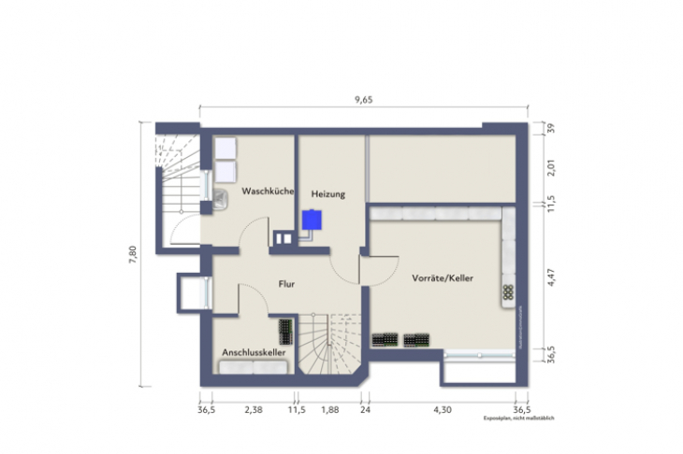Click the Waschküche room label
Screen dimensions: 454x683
point(269,192)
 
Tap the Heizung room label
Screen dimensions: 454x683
point(328,194)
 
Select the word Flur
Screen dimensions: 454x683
point(287,281)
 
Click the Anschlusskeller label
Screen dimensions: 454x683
point(253,352)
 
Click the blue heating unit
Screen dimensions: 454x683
point(312,220)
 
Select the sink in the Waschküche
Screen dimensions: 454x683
point(222,197)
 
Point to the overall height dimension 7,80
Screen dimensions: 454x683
point(132,253)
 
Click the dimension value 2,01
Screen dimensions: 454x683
point(551,166)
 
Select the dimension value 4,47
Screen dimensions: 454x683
point(551,277)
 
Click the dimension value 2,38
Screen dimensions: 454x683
point(253,409)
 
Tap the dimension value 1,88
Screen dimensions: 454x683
point(329,409)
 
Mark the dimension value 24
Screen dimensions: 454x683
point(366,409)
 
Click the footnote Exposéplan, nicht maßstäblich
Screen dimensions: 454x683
point(518,419)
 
